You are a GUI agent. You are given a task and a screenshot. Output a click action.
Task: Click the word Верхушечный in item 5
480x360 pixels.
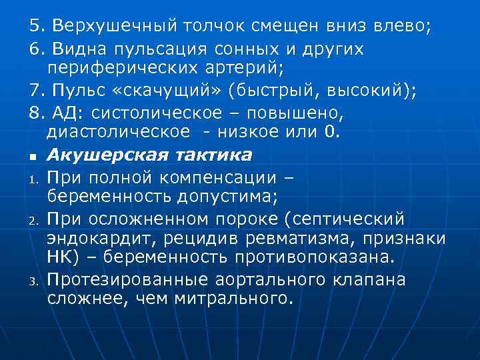point(111,27)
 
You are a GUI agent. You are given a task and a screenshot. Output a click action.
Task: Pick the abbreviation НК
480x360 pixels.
point(61,257)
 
